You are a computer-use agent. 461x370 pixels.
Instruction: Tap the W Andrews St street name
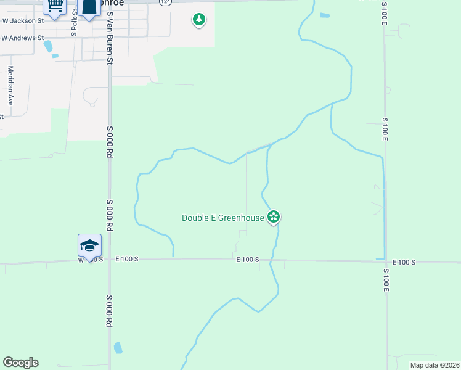pyautogui.click(x=23, y=38)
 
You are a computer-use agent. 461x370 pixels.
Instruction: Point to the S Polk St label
pyautogui.click(x=73, y=23)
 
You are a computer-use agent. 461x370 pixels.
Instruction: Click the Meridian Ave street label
pyautogui.click(x=10, y=86)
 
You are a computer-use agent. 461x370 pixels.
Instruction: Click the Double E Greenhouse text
pyautogui.click(x=223, y=217)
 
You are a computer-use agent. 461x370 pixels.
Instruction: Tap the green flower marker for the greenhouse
pyautogui.click(x=274, y=216)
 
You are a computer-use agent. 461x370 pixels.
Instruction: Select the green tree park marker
pyautogui.click(x=198, y=20)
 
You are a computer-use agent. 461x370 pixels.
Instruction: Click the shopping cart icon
pyautogui.click(x=55, y=6)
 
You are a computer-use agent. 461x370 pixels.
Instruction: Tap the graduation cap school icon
pyautogui.click(x=89, y=245)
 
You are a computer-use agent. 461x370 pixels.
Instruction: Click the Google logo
pyautogui.click(x=20, y=363)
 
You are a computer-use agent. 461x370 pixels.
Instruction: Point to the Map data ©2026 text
pyautogui.click(x=434, y=365)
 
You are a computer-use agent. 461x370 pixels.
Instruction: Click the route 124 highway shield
pyautogui.click(x=164, y=2)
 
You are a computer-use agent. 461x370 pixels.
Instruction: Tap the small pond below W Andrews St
pyautogui.click(x=55, y=56)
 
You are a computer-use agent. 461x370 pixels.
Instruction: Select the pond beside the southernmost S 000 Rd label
pyautogui.click(x=118, y=348)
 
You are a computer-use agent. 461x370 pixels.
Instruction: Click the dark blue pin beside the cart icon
pyautogui.click(x=89, y=6)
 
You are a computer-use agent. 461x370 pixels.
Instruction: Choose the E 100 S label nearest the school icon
pyautogui.click(x=126, y=259)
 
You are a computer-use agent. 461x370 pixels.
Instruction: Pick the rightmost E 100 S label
pyautogui.click(x=404, y=263)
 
